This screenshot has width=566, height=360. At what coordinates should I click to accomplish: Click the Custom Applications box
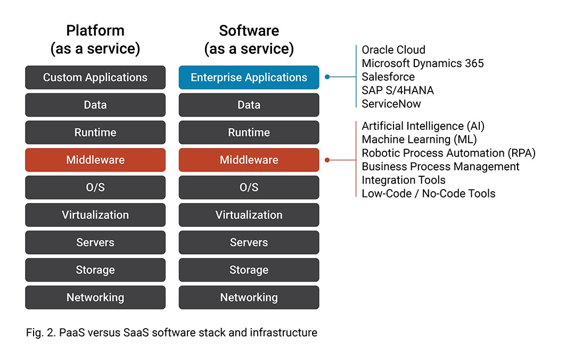click(x=95, y=77)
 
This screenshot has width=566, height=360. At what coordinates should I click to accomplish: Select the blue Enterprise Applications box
click(x=249, y=77)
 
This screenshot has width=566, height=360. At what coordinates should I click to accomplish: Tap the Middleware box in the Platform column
click(x=95, y=160)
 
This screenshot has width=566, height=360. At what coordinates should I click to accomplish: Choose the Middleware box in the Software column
click(x=249, y=160)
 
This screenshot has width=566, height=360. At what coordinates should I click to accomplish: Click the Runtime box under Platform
click(x=95, y=133)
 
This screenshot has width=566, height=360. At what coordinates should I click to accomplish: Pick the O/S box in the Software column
click(x=249, y=187)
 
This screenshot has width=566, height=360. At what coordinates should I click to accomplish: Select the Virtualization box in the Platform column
click(x=95, y=215)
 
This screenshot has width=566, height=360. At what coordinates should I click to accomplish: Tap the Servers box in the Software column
click(x=249, y=242)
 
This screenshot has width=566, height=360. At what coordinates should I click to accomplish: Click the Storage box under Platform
click(x=95, y=269)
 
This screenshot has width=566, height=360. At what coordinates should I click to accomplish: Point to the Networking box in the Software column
click(x=249, y=298)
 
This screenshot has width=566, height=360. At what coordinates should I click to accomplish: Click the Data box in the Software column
click(x=249, y=105)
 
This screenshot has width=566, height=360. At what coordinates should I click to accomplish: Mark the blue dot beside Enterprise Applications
click(x=327, y=77)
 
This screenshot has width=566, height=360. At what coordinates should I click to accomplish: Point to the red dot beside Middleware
click(x=327, y=160)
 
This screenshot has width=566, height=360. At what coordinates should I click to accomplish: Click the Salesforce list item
click(x=388, y=77)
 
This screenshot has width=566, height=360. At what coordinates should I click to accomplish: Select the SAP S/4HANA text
click(x=398, y=91)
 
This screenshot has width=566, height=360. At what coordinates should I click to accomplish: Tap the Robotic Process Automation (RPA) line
click(x=449, y=153)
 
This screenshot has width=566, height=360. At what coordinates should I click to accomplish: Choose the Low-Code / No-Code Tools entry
click(x=429, y=193)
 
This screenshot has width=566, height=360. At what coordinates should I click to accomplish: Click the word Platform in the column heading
click(x=95, y=31)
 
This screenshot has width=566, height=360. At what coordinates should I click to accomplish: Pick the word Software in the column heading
click(x=249, y=31)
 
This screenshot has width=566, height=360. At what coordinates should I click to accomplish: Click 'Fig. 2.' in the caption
click(x=41, y=332)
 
